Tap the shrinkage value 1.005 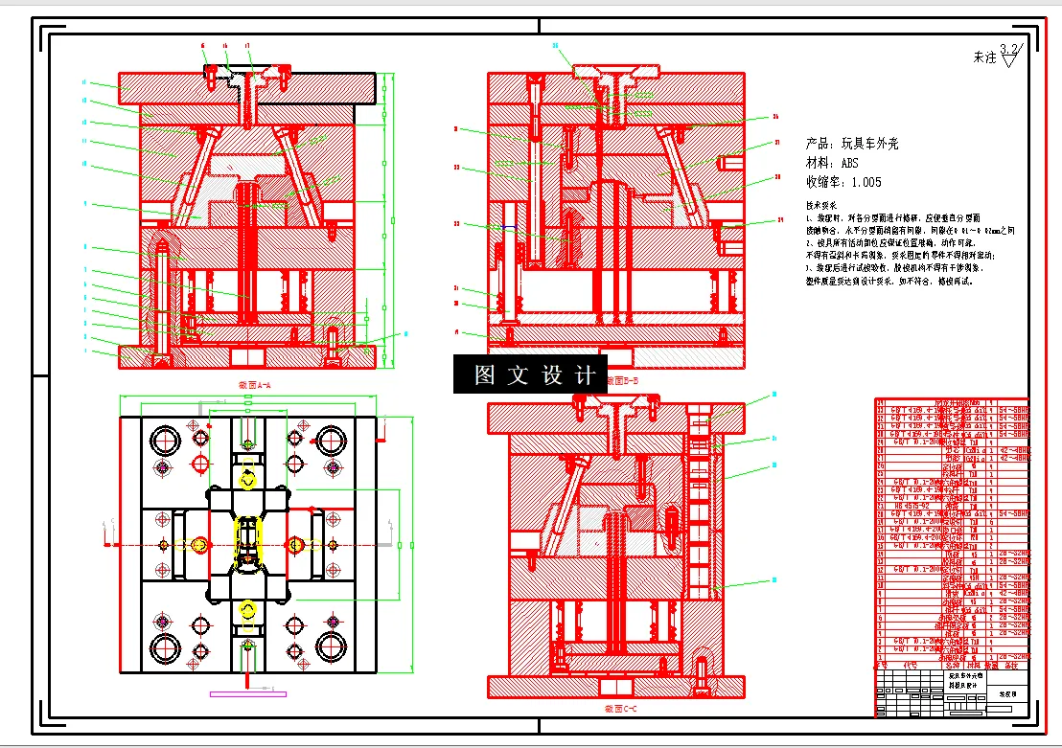[x=866, y=182]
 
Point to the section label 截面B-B [x=623, y=380]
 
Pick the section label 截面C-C [x=620, y=709]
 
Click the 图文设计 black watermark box [x=530, y=374]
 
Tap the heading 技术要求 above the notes [x=821, y=205]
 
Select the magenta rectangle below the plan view [x=240, y=691]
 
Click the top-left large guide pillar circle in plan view [x=164, y=442]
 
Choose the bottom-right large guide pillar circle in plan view [x=333, y=646]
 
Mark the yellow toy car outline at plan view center [x=248, y=542]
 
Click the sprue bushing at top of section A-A [x=247, y=96]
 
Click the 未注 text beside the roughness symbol [x=984, y=57]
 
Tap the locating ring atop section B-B [x=616, y=72]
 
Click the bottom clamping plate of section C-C [x=616, y=686]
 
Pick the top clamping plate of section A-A [x=246, y=88]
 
